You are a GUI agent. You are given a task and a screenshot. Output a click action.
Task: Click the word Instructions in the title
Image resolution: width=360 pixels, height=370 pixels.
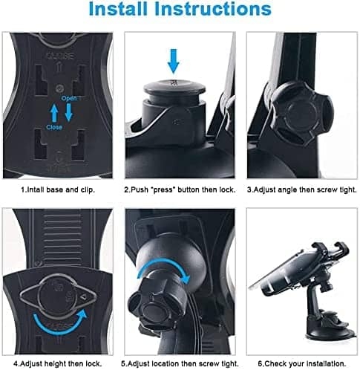point(213,9)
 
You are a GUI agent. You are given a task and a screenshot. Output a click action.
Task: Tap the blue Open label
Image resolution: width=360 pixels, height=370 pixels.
point(69,98)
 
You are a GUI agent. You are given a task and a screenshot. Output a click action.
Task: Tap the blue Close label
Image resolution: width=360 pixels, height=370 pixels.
point(54,127)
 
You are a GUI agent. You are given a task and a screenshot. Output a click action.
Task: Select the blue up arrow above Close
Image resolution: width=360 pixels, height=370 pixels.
point(54,113)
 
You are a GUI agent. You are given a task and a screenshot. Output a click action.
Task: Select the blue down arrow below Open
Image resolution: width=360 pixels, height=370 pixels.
point(68,112)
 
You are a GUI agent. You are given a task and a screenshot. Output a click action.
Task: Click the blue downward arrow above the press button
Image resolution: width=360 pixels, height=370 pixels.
point(173,61)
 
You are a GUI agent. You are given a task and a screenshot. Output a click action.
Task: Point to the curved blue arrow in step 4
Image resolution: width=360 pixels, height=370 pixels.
point(59,321)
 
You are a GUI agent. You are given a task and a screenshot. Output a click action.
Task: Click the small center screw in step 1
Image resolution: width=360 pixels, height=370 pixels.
point(59,88)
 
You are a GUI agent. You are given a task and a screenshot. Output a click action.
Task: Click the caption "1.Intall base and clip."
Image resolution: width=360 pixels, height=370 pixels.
point(58,190)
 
